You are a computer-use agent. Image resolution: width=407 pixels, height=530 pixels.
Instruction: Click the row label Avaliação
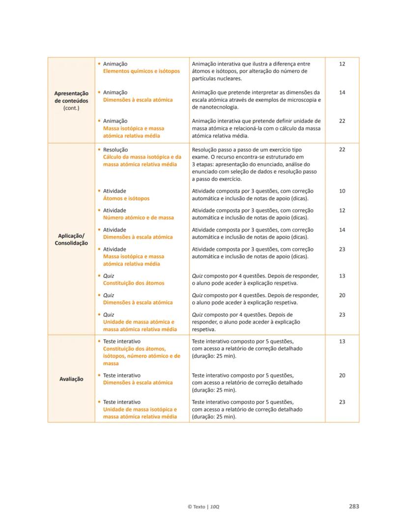pos(72,379)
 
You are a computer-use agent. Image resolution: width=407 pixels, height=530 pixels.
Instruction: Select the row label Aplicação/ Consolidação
pos(71,239)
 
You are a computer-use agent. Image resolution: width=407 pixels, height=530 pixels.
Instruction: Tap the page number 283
pos(354,506)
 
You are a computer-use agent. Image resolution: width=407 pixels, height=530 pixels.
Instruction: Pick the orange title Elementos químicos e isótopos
pos(141,71)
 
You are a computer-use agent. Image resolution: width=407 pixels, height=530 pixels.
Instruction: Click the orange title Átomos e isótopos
pos(126,198)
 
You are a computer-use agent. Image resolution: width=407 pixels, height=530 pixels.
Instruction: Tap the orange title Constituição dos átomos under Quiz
pos(133,283)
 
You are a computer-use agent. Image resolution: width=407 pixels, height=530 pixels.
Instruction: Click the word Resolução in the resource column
pos(115,150)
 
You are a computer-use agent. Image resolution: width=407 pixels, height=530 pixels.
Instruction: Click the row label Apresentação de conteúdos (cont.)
pos(71,100)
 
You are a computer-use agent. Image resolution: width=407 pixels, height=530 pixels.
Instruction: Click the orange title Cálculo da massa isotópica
pos(142,157)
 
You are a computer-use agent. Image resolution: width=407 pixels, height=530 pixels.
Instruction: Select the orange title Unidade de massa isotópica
pos(140,409)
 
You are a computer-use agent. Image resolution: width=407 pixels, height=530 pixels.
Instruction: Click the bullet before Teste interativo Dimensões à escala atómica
pos(99,375)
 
